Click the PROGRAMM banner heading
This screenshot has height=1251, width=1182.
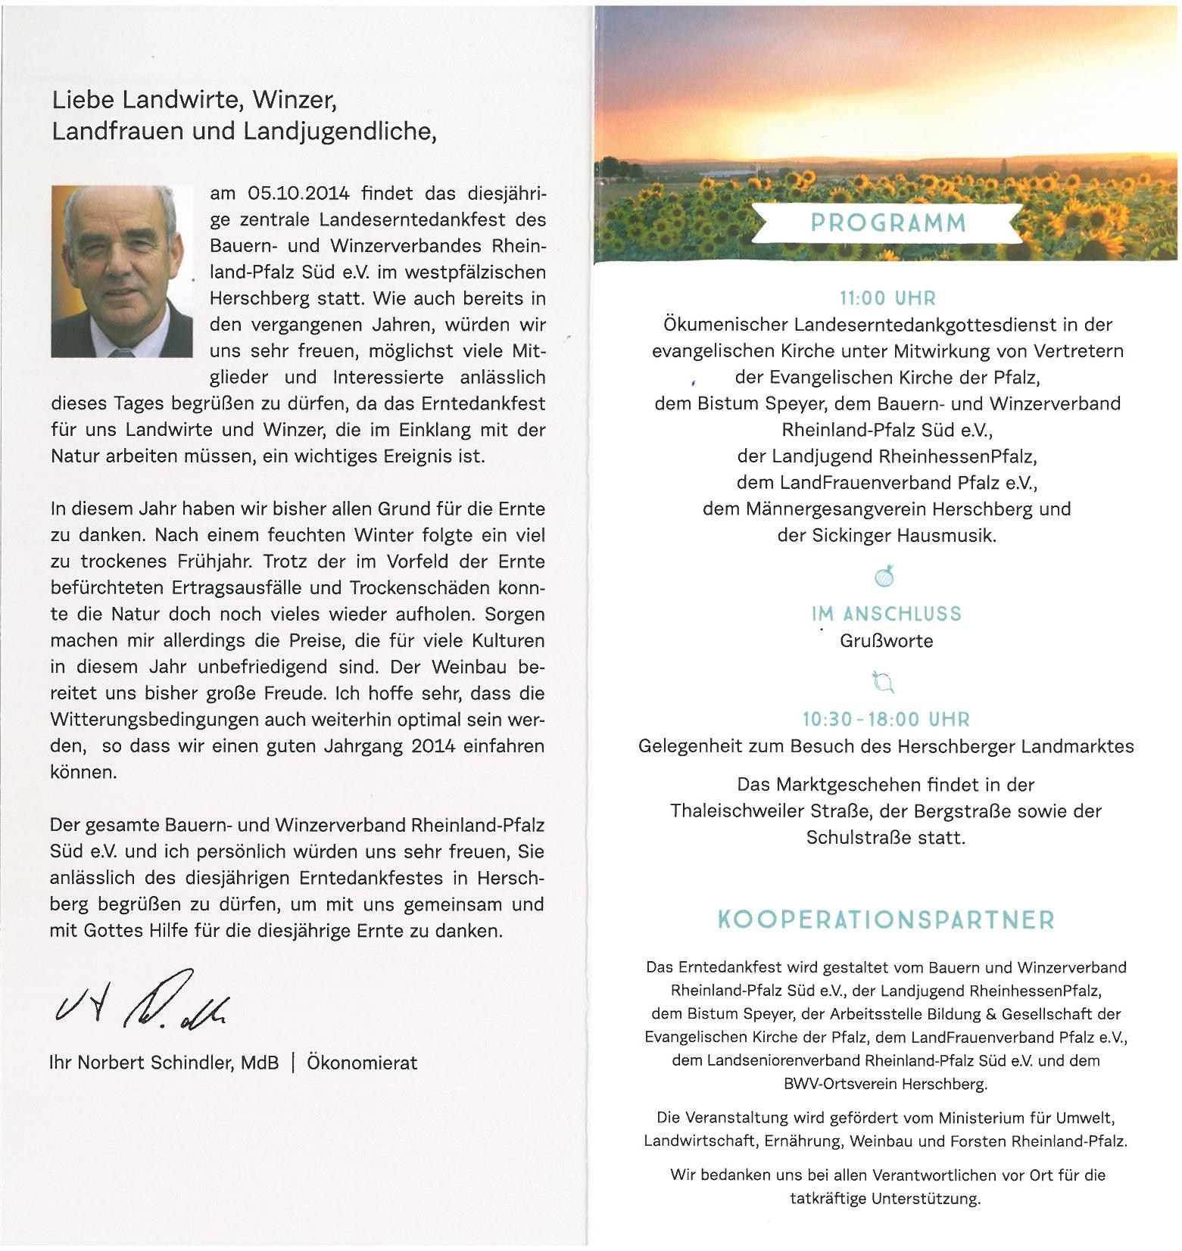[887, 223]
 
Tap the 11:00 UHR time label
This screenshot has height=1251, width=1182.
[887, 298]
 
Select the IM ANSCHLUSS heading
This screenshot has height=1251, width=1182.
[886, 614]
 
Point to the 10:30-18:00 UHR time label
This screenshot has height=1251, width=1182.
[886, 719]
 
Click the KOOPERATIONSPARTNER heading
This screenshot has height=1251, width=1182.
[885, 920]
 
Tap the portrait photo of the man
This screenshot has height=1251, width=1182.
[122, 271]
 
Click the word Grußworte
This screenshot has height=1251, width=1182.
[886, 641]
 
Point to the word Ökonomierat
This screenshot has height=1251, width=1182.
[362, 1063]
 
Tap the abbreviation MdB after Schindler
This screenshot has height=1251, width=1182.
[260, 1063]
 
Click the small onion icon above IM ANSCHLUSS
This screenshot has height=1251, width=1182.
[885, 577]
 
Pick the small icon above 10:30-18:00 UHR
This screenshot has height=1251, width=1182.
[883, 682]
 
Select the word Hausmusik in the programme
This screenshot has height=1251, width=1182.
[946, 536]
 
